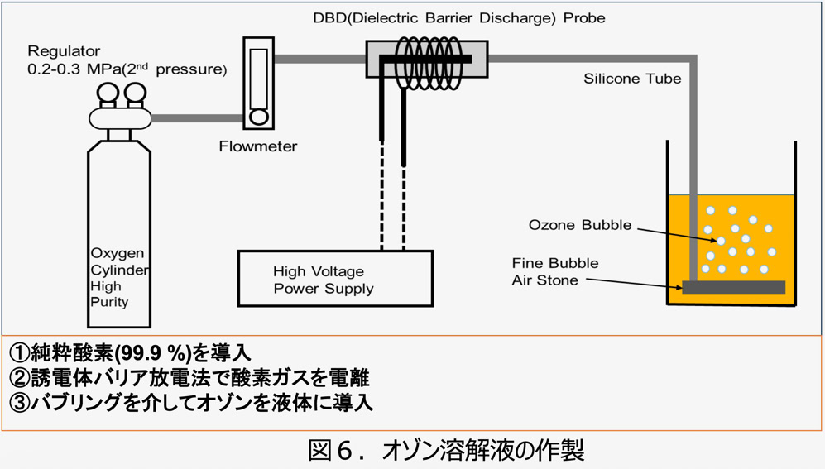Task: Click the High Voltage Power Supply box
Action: [x=335, y=279]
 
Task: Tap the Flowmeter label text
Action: [x=258, y=146]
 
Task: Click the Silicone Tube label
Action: [x=632, y=79]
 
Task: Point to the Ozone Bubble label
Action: [x=579, y=225]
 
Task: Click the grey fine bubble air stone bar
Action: [x=733, y=288]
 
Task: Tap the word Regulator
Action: [x=65, y=52]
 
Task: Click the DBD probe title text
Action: [x=458, y=17]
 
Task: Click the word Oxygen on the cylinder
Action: [x=117, y=253]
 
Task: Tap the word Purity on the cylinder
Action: [x=109, y=302]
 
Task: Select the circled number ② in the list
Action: [x=19, y=379]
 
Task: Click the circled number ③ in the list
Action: [x=19, y=403]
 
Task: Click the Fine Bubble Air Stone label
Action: [x=554, y=271]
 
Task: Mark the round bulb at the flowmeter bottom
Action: [x=259, y=117]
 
